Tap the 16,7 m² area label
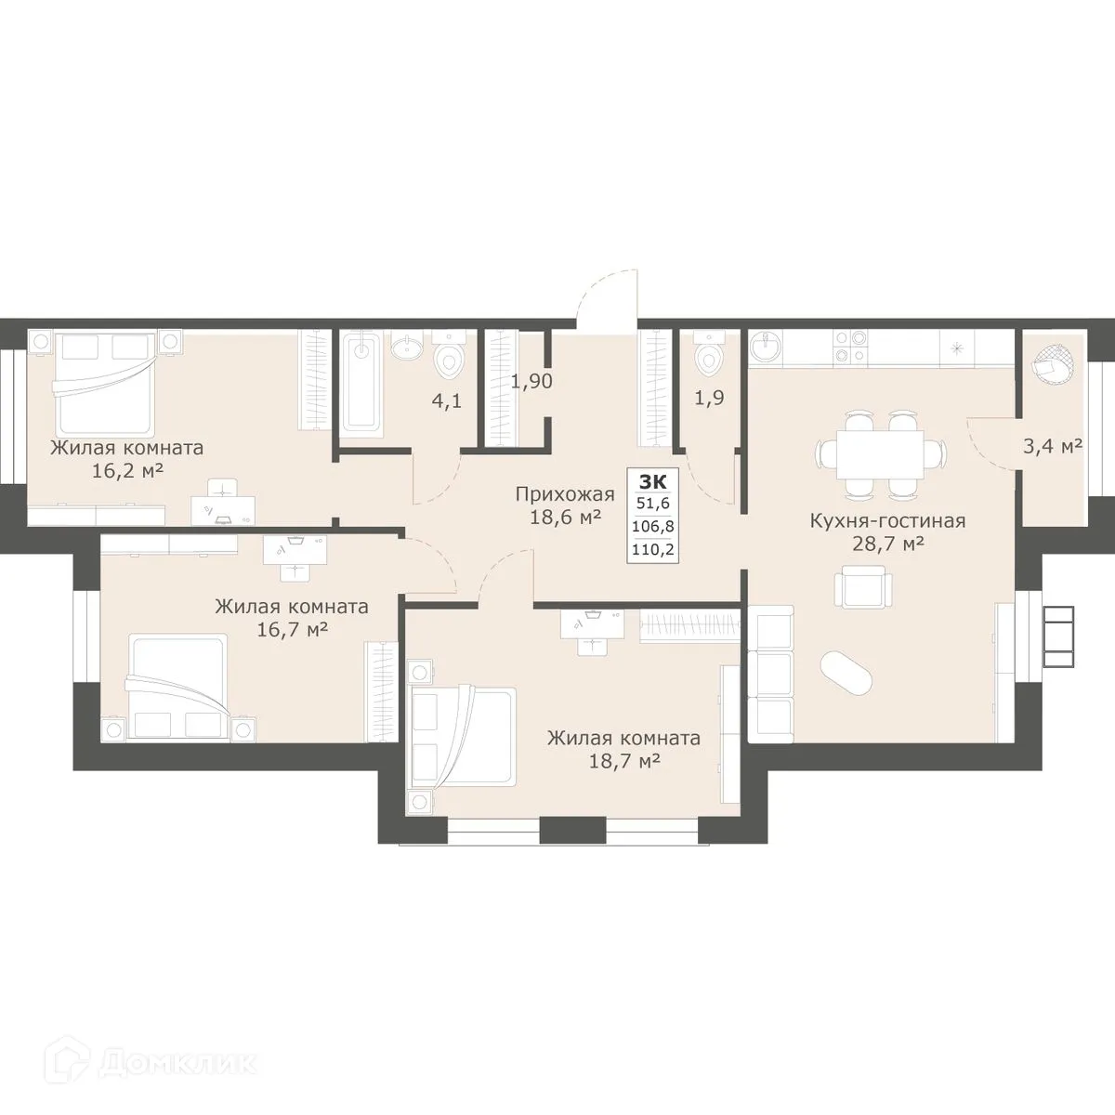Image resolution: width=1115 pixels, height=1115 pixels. tap(291, 630)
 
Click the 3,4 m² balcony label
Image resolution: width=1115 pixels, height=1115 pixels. tap(1052, 446)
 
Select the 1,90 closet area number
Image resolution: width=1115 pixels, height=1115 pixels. tap(532, 381)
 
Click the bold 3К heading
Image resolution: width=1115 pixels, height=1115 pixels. tap(651, 481)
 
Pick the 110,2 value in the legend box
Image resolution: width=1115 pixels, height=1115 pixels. tap(651, 548)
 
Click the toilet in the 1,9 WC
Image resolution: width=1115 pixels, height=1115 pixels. tap(709, 352)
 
